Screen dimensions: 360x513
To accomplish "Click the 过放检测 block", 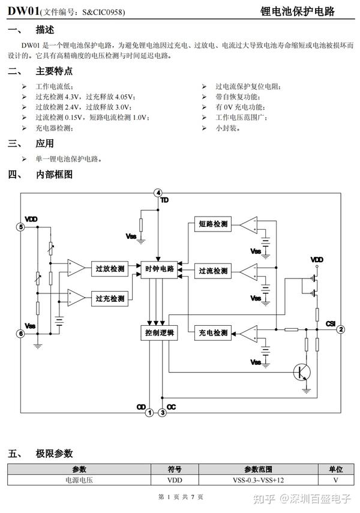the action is point(110,269).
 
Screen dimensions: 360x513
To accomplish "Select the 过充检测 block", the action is point(110,298).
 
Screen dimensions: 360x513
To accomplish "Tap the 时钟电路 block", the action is point(160,269).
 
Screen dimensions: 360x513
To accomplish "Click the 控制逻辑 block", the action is point(160,333).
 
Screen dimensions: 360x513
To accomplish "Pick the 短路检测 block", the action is point(213,224).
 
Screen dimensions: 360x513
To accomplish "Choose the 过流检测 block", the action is point(213,271).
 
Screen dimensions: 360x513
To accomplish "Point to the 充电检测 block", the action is point(213,333).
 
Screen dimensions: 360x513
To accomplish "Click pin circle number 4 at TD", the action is point(158,193).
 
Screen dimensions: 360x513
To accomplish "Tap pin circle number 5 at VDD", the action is point(20,227).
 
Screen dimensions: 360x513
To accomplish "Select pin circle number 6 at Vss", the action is point(20,334).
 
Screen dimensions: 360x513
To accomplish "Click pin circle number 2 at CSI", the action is point(341,329).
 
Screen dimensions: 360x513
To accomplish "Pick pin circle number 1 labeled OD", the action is point(149,413).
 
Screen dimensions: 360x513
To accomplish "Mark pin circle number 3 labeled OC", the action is point(163,413).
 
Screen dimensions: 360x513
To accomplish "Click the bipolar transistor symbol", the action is point(302,372).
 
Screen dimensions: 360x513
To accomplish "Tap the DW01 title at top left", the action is point(23,11).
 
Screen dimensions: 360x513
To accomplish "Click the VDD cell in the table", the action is point(175,480).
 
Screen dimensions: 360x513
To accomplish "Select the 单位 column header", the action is point(336,469).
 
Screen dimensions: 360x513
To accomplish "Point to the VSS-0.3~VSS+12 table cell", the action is point(258,480).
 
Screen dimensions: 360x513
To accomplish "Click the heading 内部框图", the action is point(55,175).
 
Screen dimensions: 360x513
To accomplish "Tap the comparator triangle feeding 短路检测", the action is point(250,225).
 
